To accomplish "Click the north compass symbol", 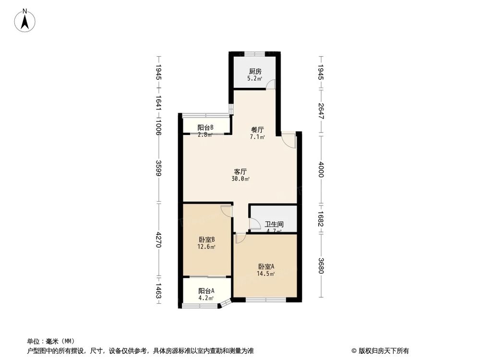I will pyautogui.click(x=24, y=21).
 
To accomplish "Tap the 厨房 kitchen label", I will pyautogui.click(x=255, y=72).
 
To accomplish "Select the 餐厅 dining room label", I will pyautogui.click(x=258, y=130).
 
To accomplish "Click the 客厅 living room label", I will pyautogui.click(x=240, y=171).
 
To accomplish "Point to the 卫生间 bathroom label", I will pyautogui.click(x=274, y=224).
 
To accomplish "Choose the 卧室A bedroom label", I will pyautogui.click(x=266, y=267).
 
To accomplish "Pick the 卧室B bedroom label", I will pyautogui.click(x=206, y=240).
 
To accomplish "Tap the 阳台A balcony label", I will pyautogui.click(x=206, y=291).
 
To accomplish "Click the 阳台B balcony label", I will pyautogui.click(x=205, y=127).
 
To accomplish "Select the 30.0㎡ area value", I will pyautogui.click(x=240, y=179).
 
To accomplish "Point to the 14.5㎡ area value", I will pyautogui.click(x=266, y=274).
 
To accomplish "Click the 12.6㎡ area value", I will pyautogui.click(x=206, y=247).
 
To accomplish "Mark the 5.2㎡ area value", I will pyautogui.click(x=255, y=78).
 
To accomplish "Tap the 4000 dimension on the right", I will pyautogui.click(x=321, y=171).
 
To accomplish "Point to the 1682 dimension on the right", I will pyautogui.click(x=321, y=219).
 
